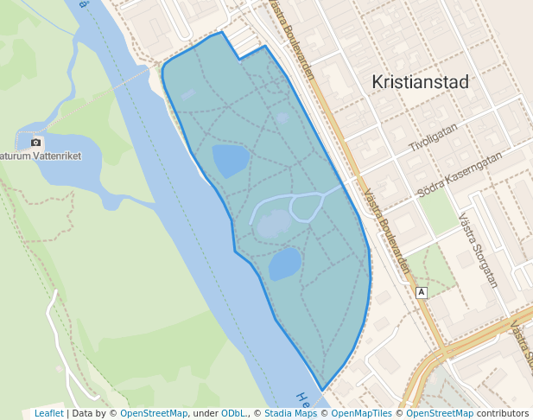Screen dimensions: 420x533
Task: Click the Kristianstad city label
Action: (420, 82)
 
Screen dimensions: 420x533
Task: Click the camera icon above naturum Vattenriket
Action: (35, 142)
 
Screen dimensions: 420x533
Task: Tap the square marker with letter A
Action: (422, 292)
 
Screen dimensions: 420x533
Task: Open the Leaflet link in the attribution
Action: (48, 413)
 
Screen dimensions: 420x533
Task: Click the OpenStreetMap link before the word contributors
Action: (440, 413)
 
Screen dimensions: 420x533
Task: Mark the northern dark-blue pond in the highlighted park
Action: (230, 160)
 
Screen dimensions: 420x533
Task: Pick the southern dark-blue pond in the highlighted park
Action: (284, 264)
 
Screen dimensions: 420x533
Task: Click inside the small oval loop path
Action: (307, 207)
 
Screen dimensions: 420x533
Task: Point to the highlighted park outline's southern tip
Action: (323, 390)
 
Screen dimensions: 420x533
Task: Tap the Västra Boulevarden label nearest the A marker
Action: (385, 232)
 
